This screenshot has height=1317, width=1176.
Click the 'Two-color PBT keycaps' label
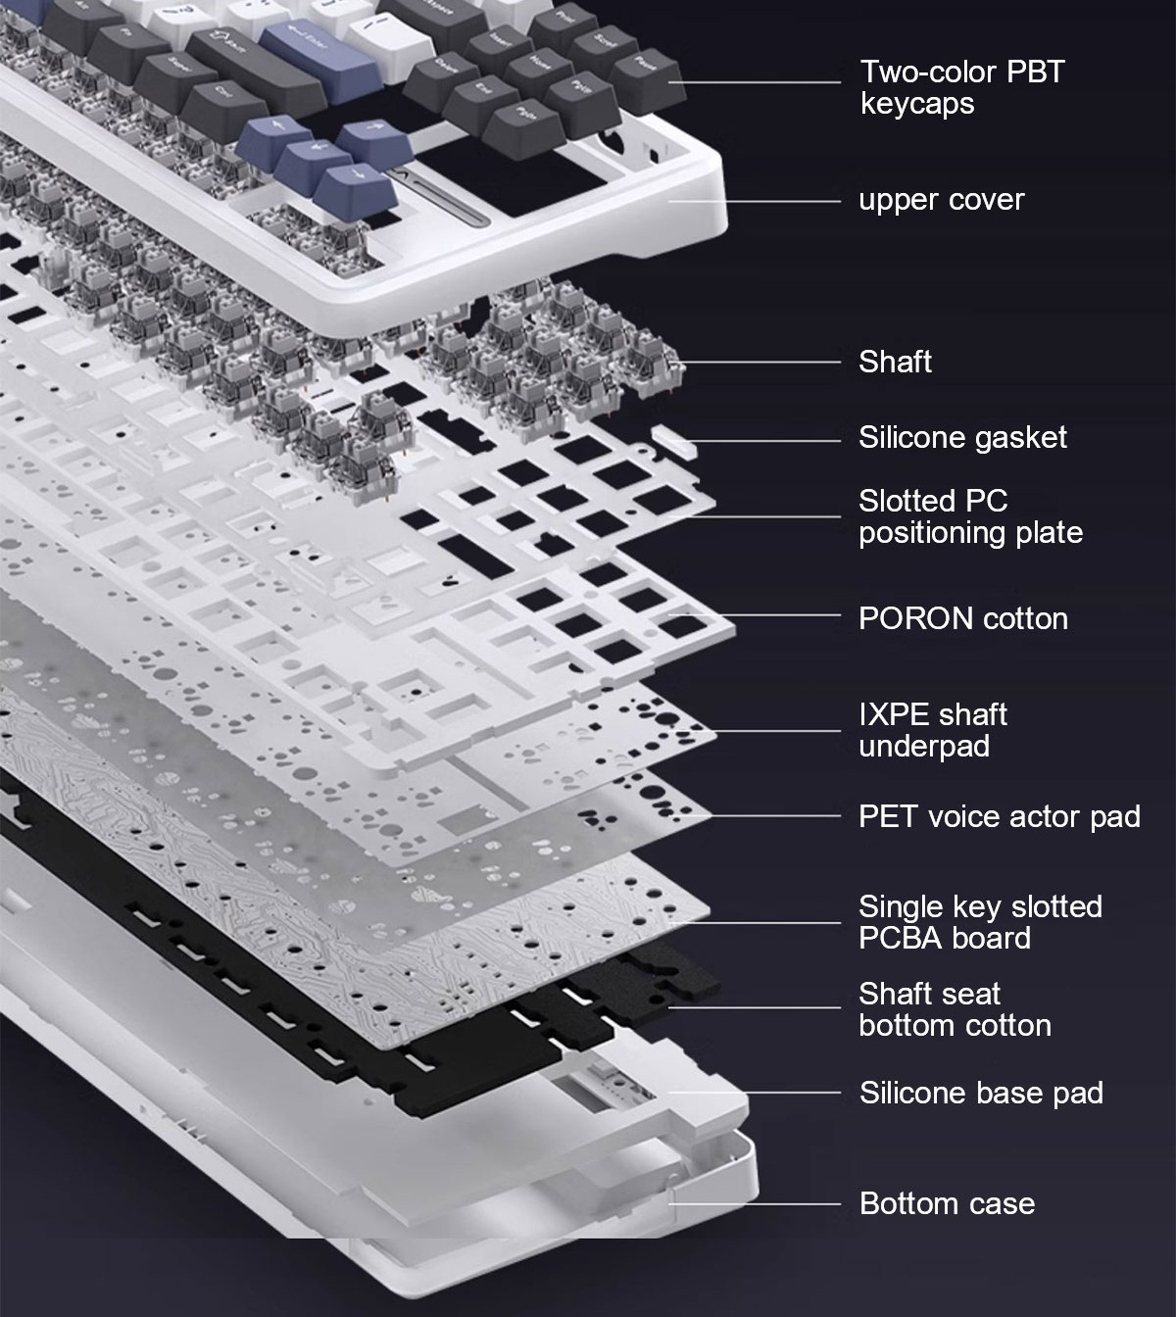pyautogui.click(x=962, y=87)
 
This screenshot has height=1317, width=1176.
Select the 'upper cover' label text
pyautogui.click(x=942, y=200)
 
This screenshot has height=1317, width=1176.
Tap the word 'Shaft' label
pyautogui.click(x=895, y=362)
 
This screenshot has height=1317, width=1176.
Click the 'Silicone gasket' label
pyautogui.click(x=962, y=437)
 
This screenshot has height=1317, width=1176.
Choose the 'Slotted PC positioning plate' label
pyautogui.click(x=970, y=516)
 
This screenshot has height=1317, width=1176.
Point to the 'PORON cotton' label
pyautogui.click(x=963, y=618)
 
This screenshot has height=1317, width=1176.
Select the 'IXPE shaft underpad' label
pyautogui.click(x=933, y=730)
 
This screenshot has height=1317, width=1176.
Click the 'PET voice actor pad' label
pyautogui.click(x=1000, y=816)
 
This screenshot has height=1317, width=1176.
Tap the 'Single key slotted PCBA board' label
pyautogui.click(x=980, y=922)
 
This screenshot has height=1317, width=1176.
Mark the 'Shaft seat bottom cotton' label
pyautogui.click(x=955, y=1010)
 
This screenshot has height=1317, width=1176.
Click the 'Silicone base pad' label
pyautogui.click(x=981, y=1093)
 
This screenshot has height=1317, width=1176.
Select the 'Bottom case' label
pyautogui.click(x=947, y=1203)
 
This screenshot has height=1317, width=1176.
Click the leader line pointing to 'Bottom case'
pyautogui.click(x=755, y=1204)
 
